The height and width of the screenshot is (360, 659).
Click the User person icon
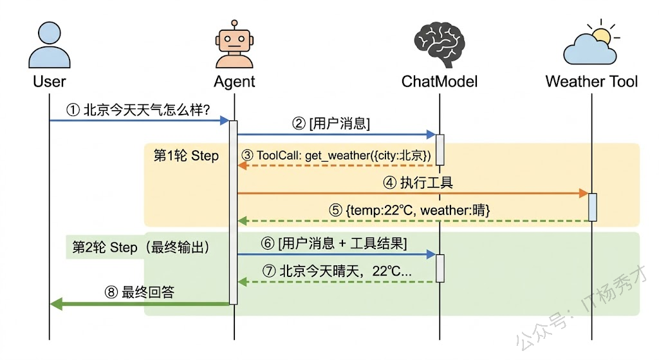pyautogui.click(x=50, y=46)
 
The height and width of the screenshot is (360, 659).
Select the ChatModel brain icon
pyautogui.click(x=440, y=46)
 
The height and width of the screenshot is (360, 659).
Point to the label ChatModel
pyautogui.click(x=440, y=82)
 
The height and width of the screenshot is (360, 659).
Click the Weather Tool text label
pyautogui.click(x=591, y=82)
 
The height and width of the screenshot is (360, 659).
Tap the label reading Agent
pyautogui.click(x=234, y=82)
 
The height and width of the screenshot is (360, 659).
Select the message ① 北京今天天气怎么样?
pyautogui.click(x=138, y=110)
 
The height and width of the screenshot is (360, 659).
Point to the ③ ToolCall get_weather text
pyautogui.click(x=336, y=156)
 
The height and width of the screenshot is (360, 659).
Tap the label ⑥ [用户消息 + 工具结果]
pyautogui.click(x=335, y=243)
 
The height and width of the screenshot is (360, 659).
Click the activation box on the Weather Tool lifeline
pyautogui.click(x=592, y=207)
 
